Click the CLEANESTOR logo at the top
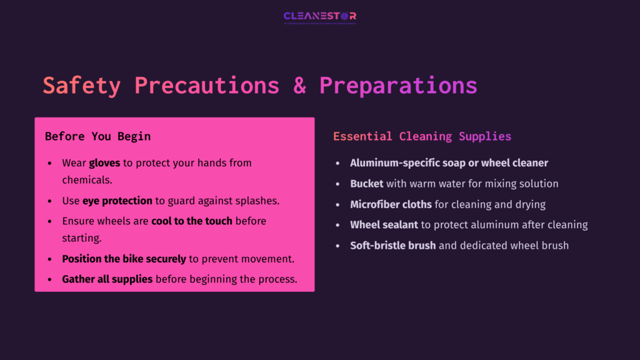tap(319, 16)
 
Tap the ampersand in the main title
tap(300, 86)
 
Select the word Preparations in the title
tap(398, 86)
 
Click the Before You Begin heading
tap(97, 136)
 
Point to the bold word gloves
tap(104, 163)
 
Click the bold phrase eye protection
tap(117, 201)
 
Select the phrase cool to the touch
tap(192, 221)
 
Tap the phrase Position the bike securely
tap(124, 259)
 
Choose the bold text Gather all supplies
tap(107, 279)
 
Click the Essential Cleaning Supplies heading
tap(422, 136)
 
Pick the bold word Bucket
tap(367, 184)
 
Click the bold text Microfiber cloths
tap(391, 204)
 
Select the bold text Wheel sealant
tap(384, 224)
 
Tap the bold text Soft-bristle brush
tap(392, 245)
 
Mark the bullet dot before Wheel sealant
tap(337, 225)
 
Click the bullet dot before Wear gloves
tap(50, 164)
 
